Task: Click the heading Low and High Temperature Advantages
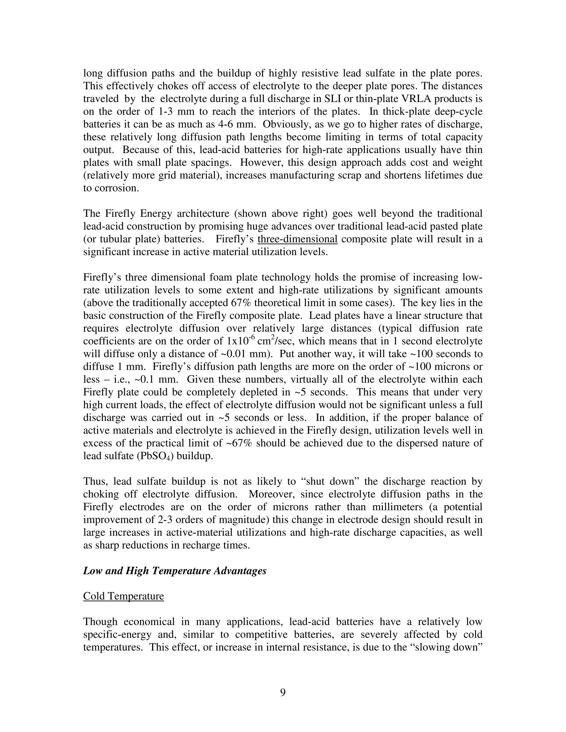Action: click(x=175, y=571)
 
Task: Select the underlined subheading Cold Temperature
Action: click(x=123, y=596)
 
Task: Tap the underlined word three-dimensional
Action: click(x=297, y=239)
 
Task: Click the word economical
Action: click(x=149, y=622)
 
